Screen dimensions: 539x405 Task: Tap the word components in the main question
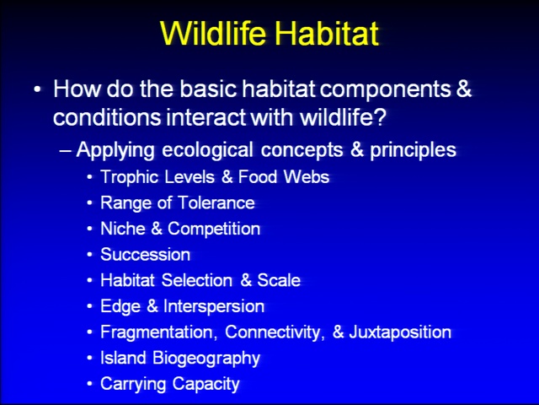click(386, 90)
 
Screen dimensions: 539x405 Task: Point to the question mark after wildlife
click(380, 117)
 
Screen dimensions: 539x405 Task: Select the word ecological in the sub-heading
click(207, 150)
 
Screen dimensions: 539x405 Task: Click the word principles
click(413, 150)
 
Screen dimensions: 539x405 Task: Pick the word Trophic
click(129, 177)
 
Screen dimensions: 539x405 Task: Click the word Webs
click(307, 176)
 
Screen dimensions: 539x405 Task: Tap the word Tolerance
click(216, 202)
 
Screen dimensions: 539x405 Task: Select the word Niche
click(123, 229)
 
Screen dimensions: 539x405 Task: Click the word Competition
click(214, 229)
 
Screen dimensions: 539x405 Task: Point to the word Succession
click(146, 255)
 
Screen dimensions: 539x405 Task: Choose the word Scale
click(279, 280)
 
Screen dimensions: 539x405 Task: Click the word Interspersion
click(214, 306)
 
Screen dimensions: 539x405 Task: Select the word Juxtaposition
click(400, 332)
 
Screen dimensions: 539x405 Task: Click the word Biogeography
click(206, 358)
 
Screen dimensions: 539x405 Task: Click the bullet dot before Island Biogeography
click(90, 358)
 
